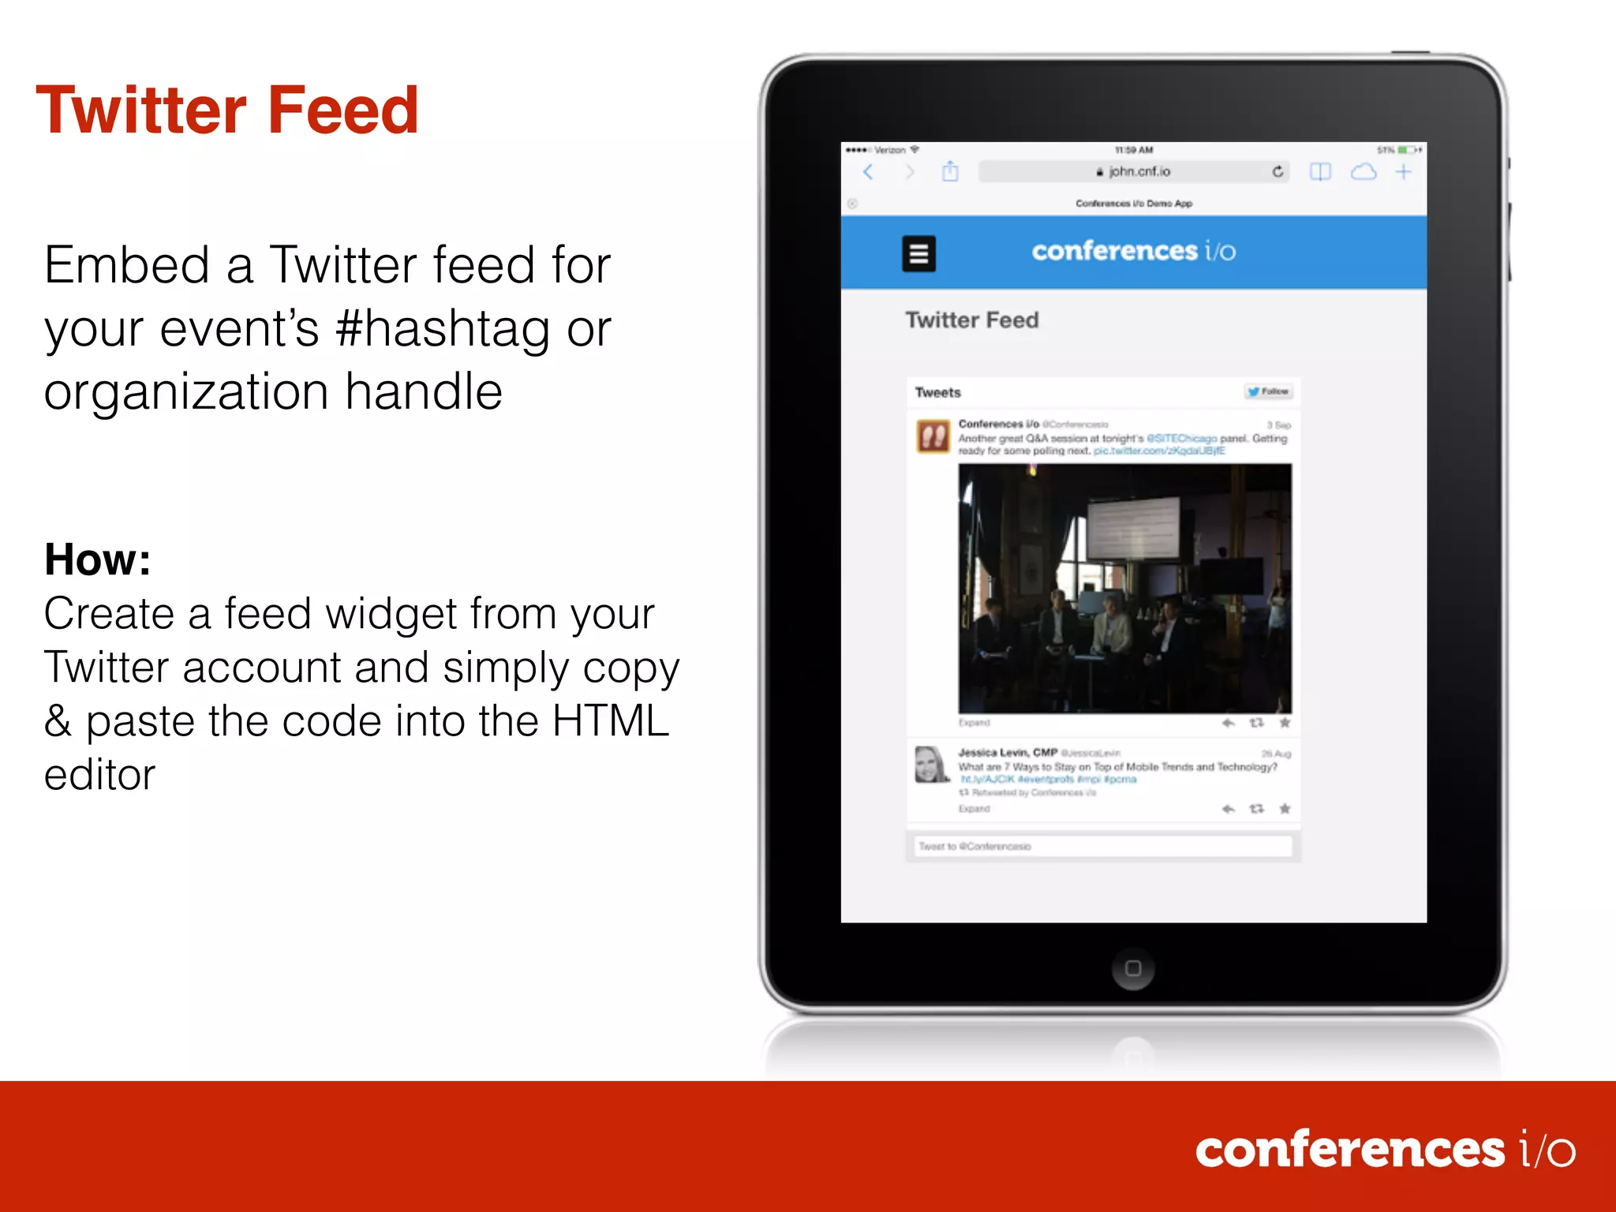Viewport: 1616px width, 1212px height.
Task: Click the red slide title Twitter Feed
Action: (x=227, y=110)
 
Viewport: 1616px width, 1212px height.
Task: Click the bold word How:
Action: (x=97, y=559)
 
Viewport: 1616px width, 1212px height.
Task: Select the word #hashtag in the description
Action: (x=442, y=328)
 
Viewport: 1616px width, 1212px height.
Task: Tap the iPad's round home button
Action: (x=1133, y=968)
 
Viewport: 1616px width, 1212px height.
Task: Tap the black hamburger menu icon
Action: (x=918, y=253)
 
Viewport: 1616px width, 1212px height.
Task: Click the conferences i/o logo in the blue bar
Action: (x=1133, y=251)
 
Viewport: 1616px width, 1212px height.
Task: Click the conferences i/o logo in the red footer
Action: (x=1385, y=1150)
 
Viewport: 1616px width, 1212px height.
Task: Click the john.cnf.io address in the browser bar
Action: (x=1138, y=171)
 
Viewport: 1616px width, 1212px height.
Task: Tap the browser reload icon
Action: (x=1277, y=171)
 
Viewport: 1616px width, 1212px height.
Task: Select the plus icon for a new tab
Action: (x=1403, y=171)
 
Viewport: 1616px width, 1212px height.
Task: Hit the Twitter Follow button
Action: (x=1268, y=391)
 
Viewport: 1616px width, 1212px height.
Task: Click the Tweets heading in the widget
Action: (x=937, y=392)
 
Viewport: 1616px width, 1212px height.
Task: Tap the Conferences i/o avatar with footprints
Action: (x=933, y=436)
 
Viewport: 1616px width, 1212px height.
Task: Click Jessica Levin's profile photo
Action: (x=931, y=764)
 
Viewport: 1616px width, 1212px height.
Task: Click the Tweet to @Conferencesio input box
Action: (x=1102, y=846)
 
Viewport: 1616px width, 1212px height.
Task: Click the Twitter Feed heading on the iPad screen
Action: (x=971, y=320)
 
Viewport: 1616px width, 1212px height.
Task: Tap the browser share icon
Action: (x=950, y=171)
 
